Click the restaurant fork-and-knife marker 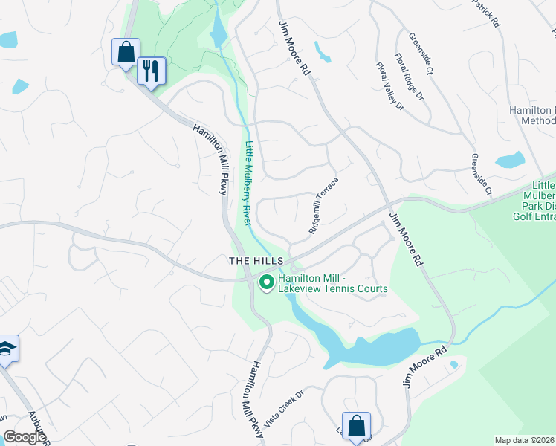[151, 71]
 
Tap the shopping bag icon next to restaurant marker [126, 52]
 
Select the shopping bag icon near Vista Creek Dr [357, 427]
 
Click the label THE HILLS [256, 261]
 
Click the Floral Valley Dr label [389, 86]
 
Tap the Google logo [25, 437]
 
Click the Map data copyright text [525, 440]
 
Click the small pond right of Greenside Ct [509, 160]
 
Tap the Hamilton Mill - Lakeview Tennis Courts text [332, 284]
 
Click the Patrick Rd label [486, 13]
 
